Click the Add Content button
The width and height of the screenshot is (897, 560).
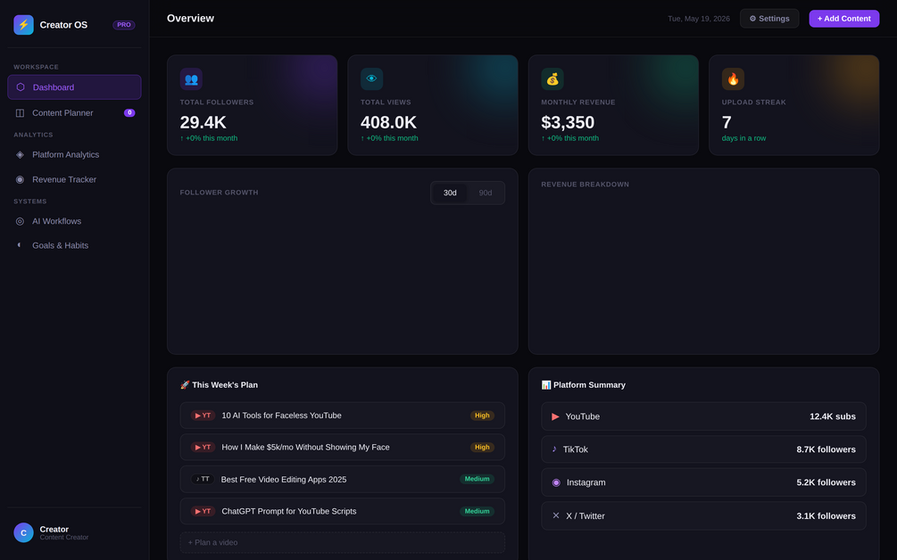pos(843,19)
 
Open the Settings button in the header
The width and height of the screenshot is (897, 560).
pos(768,19)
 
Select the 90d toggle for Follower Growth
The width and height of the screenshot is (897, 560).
pos(486,193)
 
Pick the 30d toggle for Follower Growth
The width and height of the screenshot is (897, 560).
pos(450,193)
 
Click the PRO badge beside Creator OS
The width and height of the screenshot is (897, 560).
pos(123,25)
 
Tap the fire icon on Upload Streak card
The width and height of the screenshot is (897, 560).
pos(733,78)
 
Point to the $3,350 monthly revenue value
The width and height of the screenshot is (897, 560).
pos(568,122)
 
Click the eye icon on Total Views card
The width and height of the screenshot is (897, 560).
pos(371,78)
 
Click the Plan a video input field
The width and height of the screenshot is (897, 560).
pos(342,542)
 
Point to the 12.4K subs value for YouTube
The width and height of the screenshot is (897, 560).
pos(833,416)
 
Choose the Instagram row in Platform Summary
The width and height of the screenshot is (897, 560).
pos(703,482)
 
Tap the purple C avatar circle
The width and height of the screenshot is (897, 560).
pos(23,532)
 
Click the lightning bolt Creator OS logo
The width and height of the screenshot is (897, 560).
pos(23,25)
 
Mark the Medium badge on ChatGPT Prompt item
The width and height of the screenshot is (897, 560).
pos(477,511)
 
